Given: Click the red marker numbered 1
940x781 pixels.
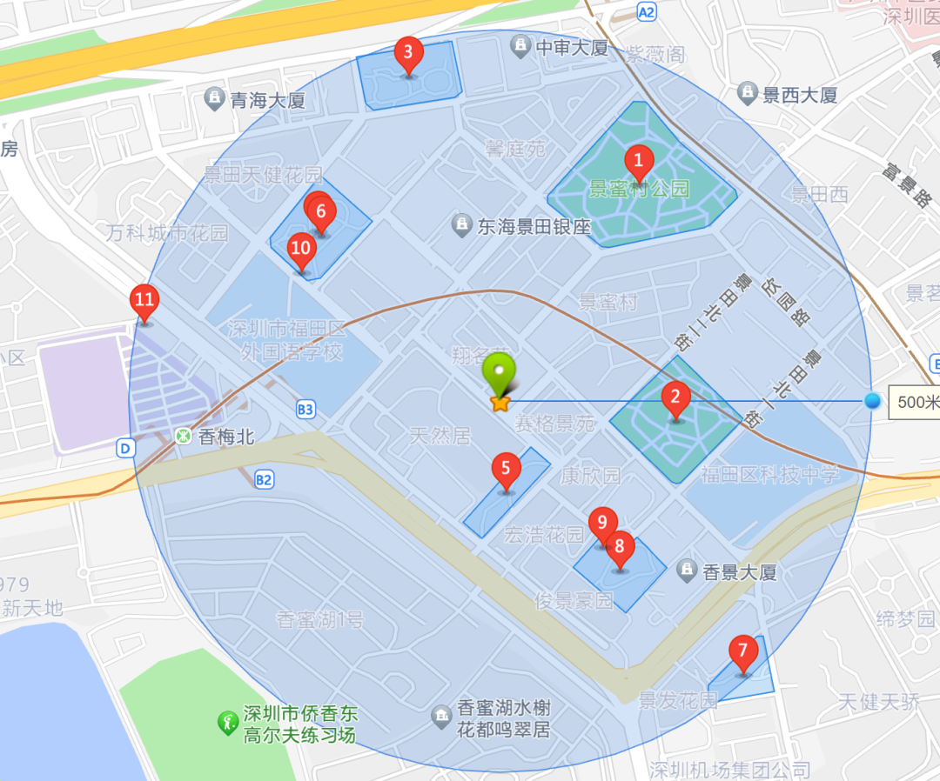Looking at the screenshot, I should point(638,161).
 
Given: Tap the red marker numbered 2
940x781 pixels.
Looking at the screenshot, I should point(675,399).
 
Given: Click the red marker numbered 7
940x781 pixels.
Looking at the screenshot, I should point(742,651).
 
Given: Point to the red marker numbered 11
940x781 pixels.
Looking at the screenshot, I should point(144,302).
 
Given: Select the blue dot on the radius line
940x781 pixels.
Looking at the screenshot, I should point(872,401).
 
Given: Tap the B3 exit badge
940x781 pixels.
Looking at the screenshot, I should point(305,409).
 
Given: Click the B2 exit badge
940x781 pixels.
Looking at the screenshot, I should point(265,478).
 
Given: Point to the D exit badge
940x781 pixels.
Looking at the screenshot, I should point(126,448).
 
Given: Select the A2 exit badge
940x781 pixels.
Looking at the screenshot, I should point(646,12).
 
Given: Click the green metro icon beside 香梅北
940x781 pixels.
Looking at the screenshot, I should point(184,436).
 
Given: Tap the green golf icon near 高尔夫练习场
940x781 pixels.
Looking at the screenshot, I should point(228,723).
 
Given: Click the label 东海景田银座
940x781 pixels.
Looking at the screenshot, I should point(534,227).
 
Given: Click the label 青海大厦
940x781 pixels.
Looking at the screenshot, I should point(267,100).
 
